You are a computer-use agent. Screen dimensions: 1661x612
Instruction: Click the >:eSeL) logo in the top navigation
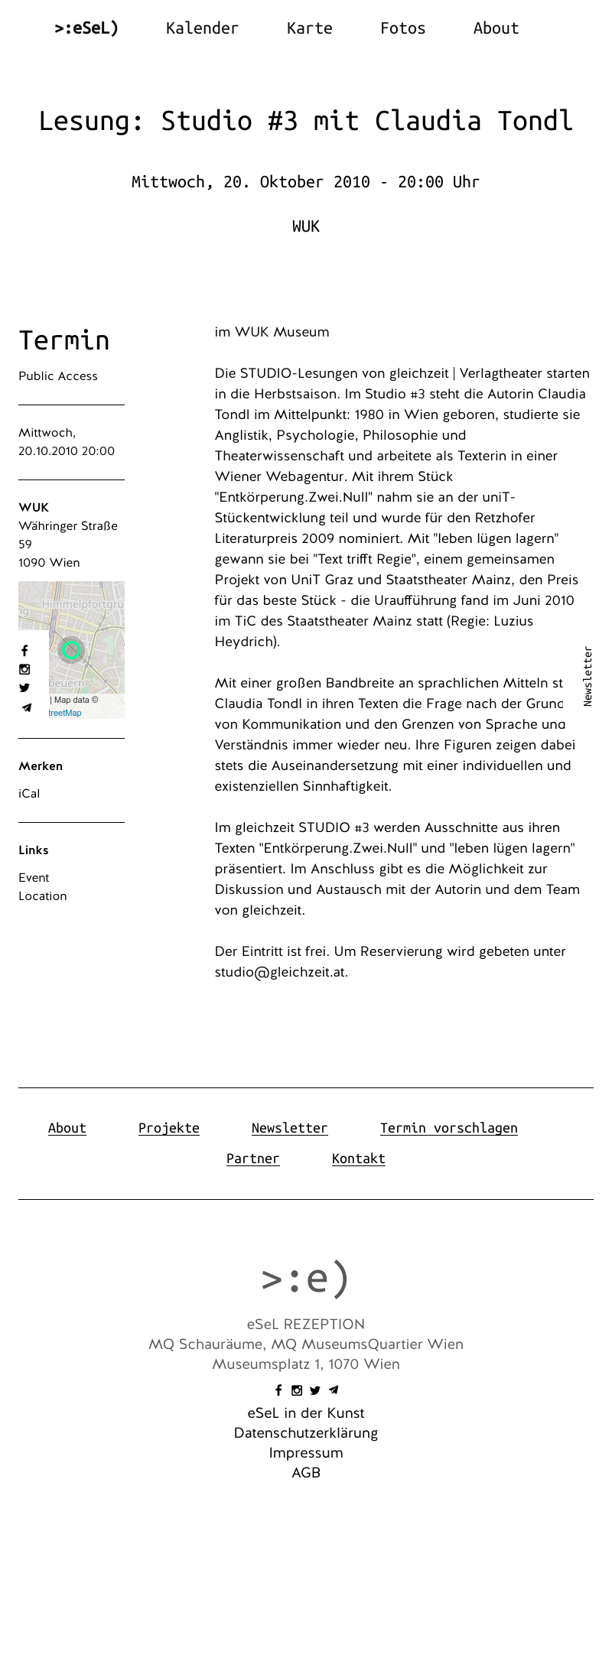[x=86, y=28]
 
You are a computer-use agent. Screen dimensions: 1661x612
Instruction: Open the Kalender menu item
[x=202, y=28]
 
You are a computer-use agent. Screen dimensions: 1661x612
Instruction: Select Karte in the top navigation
[x=309, y=28]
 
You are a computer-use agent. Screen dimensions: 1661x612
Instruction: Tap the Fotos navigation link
[x=402, y=28]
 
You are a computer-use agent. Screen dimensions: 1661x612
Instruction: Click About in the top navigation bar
[x=496, y=28]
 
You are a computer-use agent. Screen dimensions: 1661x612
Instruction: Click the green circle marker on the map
[x=71, y=650]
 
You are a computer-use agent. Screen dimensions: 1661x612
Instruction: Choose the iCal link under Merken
[x=29, y=794]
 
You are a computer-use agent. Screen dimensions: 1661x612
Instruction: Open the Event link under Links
[x=34, y=878]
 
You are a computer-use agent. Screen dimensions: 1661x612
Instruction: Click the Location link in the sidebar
[x=43, y=896]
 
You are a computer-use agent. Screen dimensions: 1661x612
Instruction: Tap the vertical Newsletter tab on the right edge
[x=588, y=676]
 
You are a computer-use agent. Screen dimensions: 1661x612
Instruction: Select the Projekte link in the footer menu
[x=168, y=1128]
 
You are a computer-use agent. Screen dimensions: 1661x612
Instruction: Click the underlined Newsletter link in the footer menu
[x=289, y=1128]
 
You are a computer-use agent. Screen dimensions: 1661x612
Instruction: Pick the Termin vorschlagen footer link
[x=448, y=1128]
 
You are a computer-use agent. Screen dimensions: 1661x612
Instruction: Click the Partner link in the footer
[x=252, y=1159]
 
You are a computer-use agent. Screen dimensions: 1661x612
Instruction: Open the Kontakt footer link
[x=358, y=1159]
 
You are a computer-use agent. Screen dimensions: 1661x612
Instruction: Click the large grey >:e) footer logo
[x=305, y=1278]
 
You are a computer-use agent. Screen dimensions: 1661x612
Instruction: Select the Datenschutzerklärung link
[x=306, y=1433]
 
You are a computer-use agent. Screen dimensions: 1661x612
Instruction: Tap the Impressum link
[x=306, y=1453]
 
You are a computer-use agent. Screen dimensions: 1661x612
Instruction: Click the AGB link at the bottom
[x=306, y=1473]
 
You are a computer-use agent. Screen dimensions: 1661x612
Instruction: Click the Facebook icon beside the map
[x=24, y=651]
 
